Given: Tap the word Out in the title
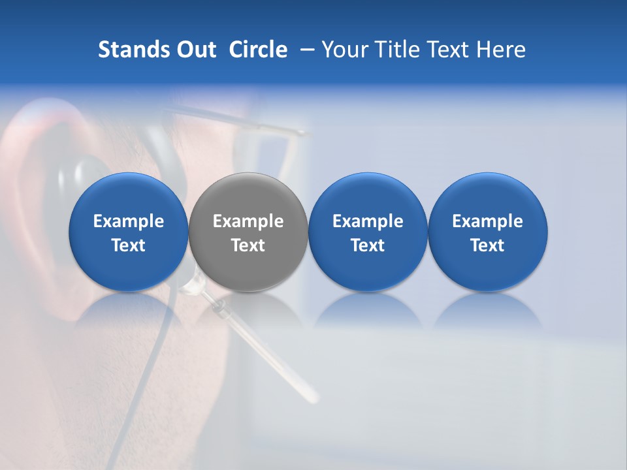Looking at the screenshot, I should click(195, 50).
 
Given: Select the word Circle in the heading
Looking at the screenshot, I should click(258, 50).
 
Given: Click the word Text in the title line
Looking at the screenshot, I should click(446, 50).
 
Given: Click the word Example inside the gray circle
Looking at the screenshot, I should click(248, 221).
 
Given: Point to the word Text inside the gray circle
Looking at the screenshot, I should click(248, 245).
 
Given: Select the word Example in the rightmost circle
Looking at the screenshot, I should click(487, 221).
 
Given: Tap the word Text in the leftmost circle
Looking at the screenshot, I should click(128, 245).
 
